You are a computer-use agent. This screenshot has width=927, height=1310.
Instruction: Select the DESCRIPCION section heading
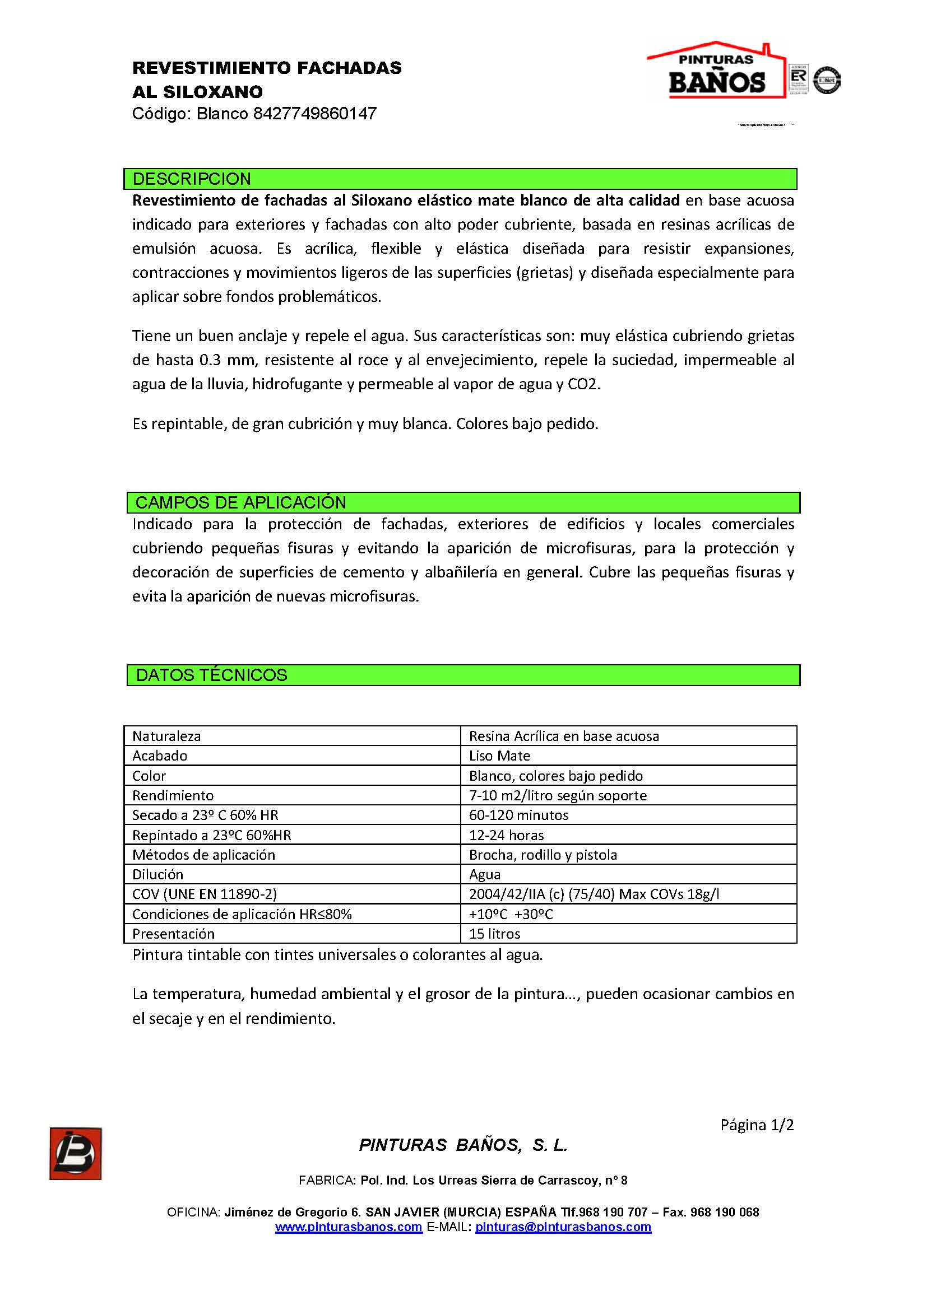pyautogui.click(x=192, y=179)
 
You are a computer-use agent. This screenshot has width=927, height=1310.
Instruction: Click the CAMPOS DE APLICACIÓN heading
pyautogui.click(x=241, y=502)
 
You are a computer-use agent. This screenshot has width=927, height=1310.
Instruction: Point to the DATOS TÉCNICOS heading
pyautogui.click(x=211, y=675)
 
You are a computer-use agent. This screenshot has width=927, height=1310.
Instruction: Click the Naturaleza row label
pyautogui.click(x=166, y=736)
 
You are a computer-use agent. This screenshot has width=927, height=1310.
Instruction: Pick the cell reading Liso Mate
pyautogui.click(x=499, y=756)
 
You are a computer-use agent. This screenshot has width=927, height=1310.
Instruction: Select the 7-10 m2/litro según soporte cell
pyautogui.click(x=558, y=795)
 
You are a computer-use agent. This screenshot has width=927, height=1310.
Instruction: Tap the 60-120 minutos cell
pyautogui.click(x=518, y=815)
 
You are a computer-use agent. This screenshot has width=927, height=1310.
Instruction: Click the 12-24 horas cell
pyautogui.click(x=506, y=835)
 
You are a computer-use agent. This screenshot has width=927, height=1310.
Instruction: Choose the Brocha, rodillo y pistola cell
pyautogui.click(x=543, y=855)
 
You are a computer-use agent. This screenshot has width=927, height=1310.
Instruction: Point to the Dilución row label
pyautogui.click(x=158, y=875)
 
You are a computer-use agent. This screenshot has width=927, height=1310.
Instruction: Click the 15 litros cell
pyautogui.click(x=494, y=934)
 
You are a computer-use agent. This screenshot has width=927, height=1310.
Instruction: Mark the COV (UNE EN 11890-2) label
pyautogui.click(x=205, y=894)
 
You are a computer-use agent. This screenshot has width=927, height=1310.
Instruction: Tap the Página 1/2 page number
pyautogui.click(x=756, y=1125)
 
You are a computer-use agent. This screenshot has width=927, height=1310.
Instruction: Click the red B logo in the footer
pyautogui.click(x=75, y=1153)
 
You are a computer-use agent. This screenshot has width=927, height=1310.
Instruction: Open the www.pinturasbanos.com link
pyautogui.click(x=349, y=1227)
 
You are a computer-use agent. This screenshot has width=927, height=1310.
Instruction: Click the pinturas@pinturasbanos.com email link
pyautogui.click(x=563, y=1227)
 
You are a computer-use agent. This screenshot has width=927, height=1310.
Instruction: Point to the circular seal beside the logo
pyautogui.click(x=827, y=80)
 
